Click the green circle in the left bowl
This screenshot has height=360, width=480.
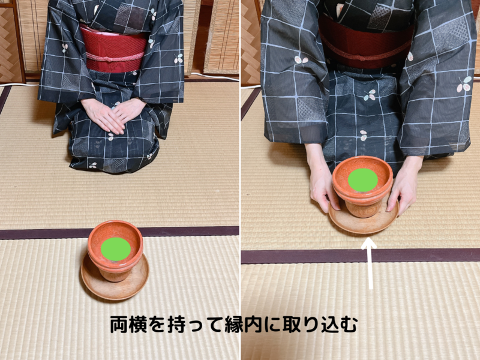point(116,248)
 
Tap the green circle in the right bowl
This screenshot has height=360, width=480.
point(363,180)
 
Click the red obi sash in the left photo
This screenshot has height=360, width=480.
point(114,42)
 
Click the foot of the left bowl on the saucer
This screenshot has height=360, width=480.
point(114,275)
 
